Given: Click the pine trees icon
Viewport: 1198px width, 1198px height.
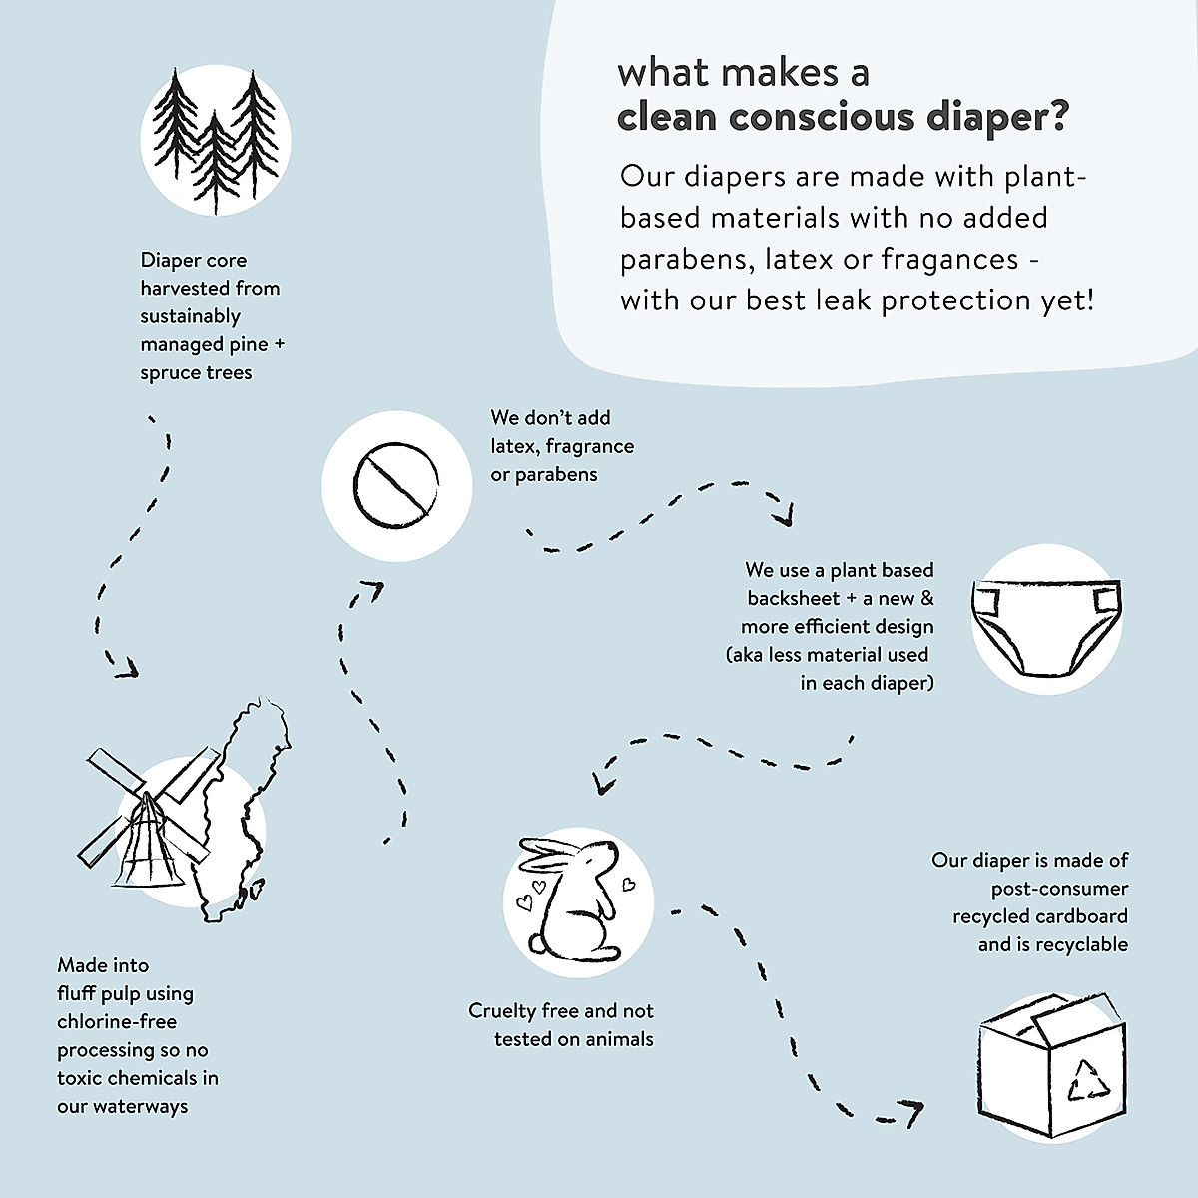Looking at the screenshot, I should [215, 140].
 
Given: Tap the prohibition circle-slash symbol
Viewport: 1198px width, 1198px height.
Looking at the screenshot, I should [396, 486].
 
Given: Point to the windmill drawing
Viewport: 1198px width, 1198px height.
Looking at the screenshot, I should [145, 819].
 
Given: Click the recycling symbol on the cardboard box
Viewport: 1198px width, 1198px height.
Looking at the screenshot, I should [1088, 1080].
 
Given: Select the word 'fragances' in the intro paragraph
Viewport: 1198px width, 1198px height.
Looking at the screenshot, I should [949, 259].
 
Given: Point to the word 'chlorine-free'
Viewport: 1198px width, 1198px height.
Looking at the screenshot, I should [117, 1022].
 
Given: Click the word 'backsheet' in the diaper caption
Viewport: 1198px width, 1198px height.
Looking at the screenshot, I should [794, 599].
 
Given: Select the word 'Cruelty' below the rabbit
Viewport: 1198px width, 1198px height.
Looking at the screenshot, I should [502, 1011].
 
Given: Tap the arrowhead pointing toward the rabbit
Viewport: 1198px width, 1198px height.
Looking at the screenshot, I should [601, 783].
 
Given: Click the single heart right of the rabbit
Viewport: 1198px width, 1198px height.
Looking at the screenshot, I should [629, 884].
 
